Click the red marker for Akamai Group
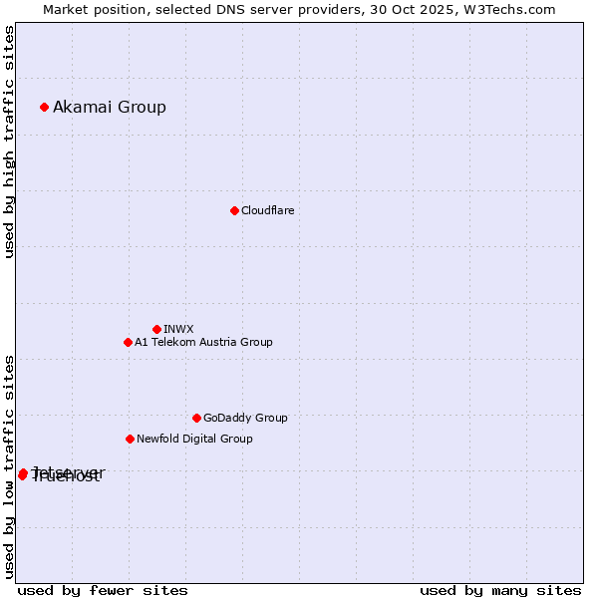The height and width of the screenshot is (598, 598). [x=44, y=107]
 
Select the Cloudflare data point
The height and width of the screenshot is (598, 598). [x=234, y=210]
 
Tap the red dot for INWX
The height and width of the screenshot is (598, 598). [x=156, y=329]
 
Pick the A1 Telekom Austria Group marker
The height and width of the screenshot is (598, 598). [x=128, y=342]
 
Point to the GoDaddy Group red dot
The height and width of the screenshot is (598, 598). [x=196, y=418]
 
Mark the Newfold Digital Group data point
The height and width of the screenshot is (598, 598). [x=130, y=439]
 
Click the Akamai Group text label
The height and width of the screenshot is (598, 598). [x=110, y=108]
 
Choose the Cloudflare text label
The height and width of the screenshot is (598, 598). [x=267, y=211]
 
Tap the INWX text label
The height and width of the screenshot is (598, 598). [x=178, y=330]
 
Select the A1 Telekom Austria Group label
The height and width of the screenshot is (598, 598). [x=203, y=343]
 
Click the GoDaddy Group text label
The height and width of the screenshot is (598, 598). [x=245, y=419]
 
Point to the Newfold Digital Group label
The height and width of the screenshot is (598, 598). [x=194, y=440]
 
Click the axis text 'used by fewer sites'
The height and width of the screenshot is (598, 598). [x=103, y=591]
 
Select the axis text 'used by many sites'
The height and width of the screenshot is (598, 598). [x=500, y=591]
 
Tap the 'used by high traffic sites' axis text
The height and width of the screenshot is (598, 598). [x=10, y=143]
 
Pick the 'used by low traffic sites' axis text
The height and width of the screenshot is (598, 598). [x=10, y=466]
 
